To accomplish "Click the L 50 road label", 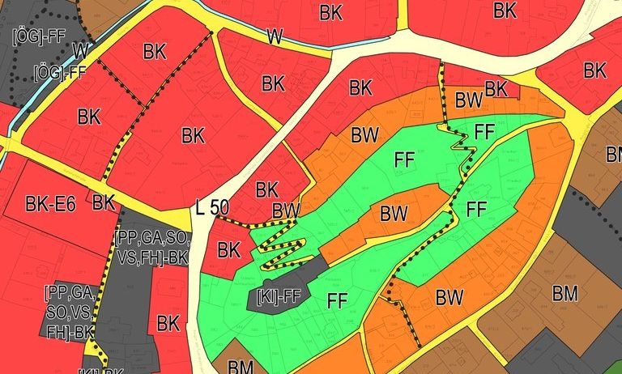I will [212, 207].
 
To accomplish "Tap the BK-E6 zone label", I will [50, 204].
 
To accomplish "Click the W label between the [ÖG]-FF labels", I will [80, 50].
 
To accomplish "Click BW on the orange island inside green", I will [394, 215].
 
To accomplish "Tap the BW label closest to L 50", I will [286, 210].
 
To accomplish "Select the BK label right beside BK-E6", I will [103, 202].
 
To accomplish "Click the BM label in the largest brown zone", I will [564, 293].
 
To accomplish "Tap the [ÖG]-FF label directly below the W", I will [59, 72].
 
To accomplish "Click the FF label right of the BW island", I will [476, 210].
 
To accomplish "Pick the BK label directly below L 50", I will [229, 249].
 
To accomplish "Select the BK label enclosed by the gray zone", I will [168, 324].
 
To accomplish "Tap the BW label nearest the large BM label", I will [449, 297].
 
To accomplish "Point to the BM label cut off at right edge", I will [614, 154].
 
